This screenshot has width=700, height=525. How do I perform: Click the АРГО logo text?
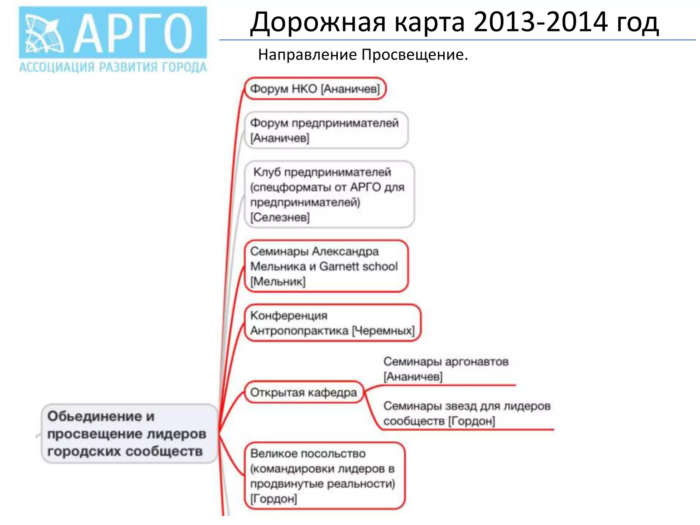click(x=133, y=33)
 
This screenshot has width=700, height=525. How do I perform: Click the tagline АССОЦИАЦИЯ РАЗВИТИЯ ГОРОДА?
click(x=113, y=67)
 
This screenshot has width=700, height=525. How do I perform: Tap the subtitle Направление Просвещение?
click(x=363, y=55)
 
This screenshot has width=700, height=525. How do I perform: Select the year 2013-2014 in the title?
click(x=540, y=22)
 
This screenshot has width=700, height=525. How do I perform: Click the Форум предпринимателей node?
click(x=326, y=130)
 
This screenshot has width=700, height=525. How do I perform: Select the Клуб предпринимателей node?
click(x=329, y=194)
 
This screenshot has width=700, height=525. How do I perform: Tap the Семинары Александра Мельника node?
click(x=326, y=266)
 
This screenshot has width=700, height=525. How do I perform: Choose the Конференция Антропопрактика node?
click(x=332, y=323)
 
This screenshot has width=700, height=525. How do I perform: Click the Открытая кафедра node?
click(x=304, y=392)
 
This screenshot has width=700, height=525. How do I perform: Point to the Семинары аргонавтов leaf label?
click(x=446, y=369)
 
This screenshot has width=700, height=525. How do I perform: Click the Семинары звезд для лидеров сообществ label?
click(x=467, y=413)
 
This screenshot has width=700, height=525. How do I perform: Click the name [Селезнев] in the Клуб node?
click(x=280, y=217)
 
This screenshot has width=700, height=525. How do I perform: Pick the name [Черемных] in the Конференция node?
click(x=383, y=331)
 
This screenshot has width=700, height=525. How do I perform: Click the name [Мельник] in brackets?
click(x=278, y=282)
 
